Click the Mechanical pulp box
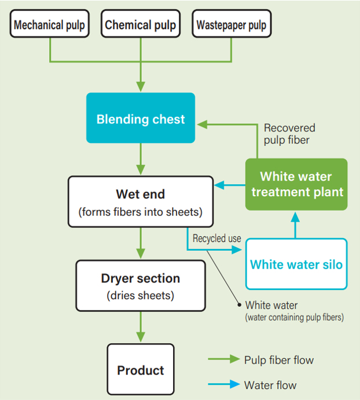(x=49, y=25)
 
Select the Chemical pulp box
(x=141, y=25)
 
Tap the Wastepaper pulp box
(x=232, y=25)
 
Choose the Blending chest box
(x=141, y=119)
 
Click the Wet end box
(x=141, y=201)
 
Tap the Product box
(x=141, y=370)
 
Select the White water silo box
(x=296, y=265)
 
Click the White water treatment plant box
(x=296, y=184)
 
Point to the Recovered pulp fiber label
(x=289, y=134)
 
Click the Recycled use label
(x=216, y=238)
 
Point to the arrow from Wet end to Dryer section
(x=141, y=243)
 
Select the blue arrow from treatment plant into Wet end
(x=229, y=185)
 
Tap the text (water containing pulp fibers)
(x=294, y=317)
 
